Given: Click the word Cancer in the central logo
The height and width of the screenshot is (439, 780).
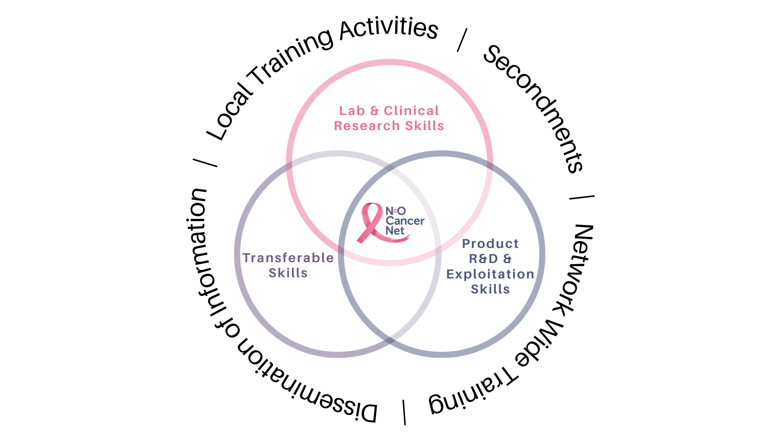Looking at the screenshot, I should click(x=405, y=221).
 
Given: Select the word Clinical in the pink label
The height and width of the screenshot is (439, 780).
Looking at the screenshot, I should click(x=411, y=111).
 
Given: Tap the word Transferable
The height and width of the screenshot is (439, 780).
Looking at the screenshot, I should click(x=288, y=258).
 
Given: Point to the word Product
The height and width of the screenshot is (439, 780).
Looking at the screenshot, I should click(x=490, y=243).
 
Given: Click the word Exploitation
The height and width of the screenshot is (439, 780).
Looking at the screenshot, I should click(x=490, y=274).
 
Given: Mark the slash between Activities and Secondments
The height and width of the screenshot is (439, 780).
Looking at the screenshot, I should click(x=462, y=40).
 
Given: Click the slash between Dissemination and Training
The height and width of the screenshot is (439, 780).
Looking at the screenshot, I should click(x=404, y=412).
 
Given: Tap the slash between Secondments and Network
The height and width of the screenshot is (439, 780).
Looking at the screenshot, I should click(x=582, y=198).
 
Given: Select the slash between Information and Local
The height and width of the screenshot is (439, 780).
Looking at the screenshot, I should click(x=205, y=163).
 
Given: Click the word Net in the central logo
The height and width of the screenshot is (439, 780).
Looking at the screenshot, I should click(x=394, y=231).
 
